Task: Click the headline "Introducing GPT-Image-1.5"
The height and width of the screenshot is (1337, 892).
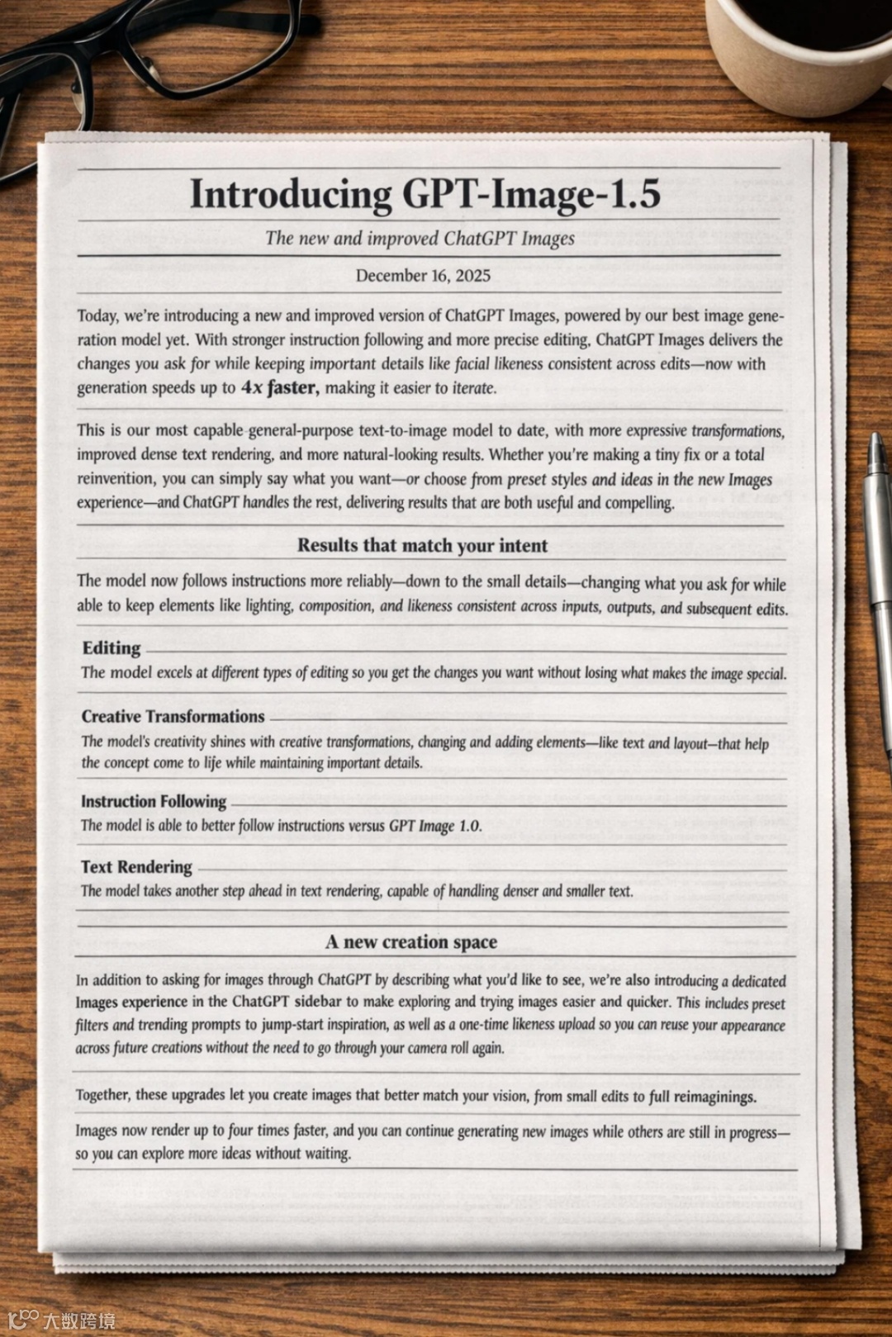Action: click(x=425, y=195)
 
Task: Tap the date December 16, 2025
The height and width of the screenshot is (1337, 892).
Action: click(x=423, y=276)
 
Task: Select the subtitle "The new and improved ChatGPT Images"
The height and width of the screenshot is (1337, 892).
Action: click(x=420, y=239)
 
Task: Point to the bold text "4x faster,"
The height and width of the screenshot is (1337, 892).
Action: click(x=279, y=387)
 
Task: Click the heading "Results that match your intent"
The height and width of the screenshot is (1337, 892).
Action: click(x=422, y=545)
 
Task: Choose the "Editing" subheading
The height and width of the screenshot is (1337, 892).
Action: click(x=111, y=648)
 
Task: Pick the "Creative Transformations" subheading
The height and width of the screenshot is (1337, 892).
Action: click(x=173, y=717)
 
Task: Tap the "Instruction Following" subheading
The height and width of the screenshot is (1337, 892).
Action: click(x=154, y=801)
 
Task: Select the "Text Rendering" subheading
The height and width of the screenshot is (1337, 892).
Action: click(x=136, y=867)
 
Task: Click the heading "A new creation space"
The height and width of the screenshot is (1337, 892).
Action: click(x=411, y=942)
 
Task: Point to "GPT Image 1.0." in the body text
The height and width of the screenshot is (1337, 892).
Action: click(x=435, y=826)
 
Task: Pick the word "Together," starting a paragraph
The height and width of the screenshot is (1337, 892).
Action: click(x=103, y=1095)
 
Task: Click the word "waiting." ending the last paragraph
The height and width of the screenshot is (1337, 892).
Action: click(x=328, y=1154)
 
